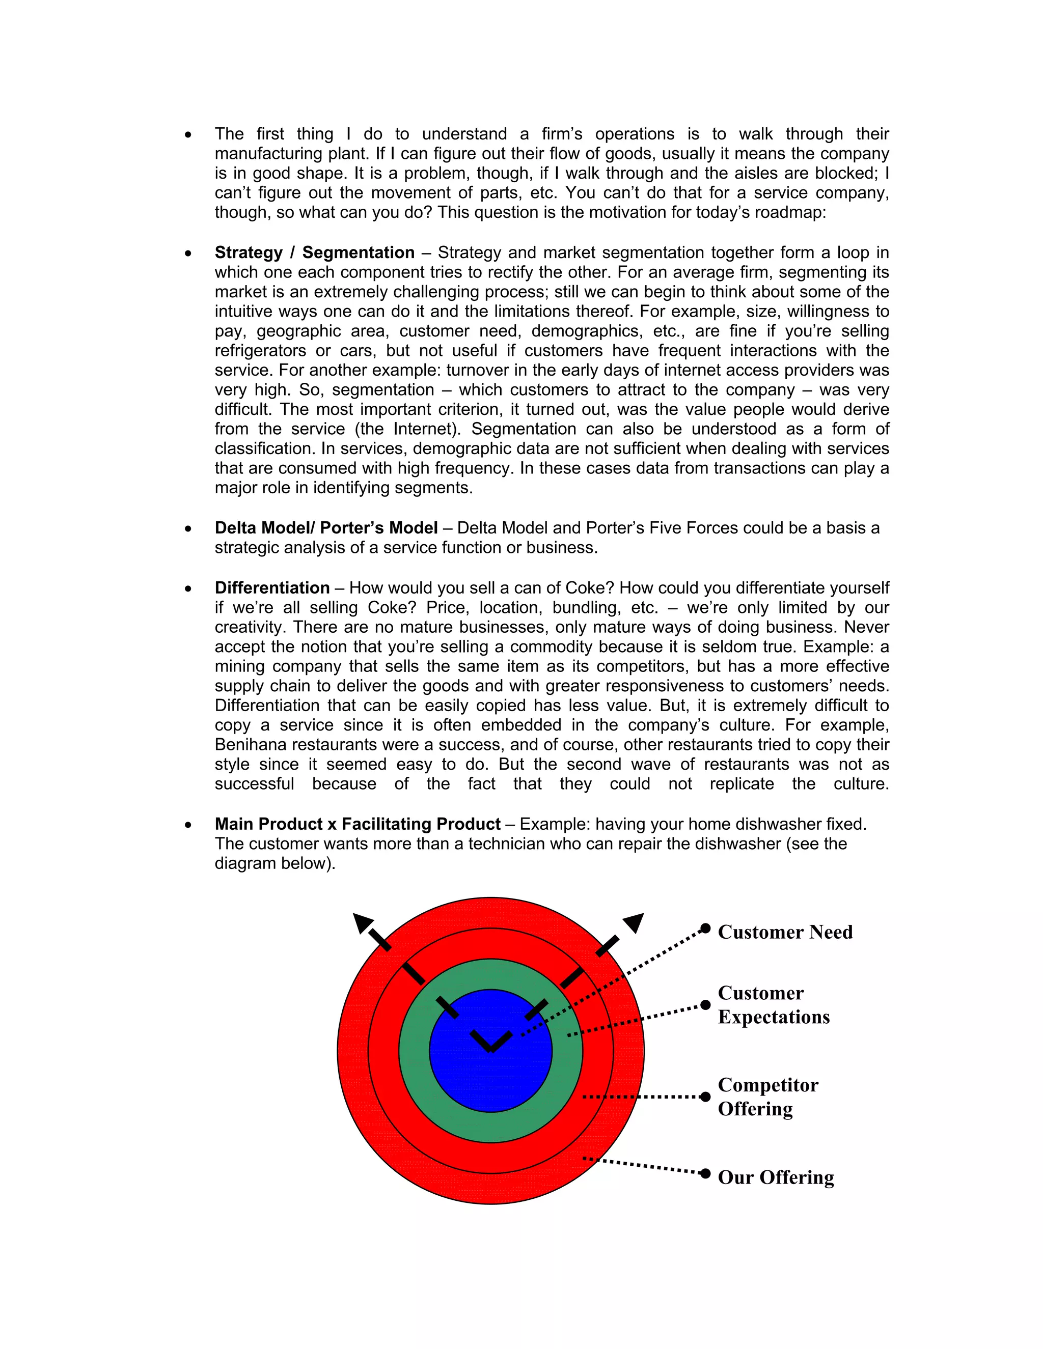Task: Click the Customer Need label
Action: point(785,932)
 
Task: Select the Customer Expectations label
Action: point(773,1005)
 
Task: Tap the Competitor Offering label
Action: point(767,1097)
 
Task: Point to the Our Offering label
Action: point(776,1177)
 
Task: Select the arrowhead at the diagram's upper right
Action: point(634,922)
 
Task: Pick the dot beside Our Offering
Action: point(705,1173)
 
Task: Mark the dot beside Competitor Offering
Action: point(705,1097)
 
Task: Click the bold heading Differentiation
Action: point(272,588)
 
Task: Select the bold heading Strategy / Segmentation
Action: point(315,252)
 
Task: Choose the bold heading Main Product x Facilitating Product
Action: point(357,824)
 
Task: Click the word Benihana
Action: point(251,745)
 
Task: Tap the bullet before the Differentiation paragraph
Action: point(188,588)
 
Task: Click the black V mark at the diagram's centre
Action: point(490,1041)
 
